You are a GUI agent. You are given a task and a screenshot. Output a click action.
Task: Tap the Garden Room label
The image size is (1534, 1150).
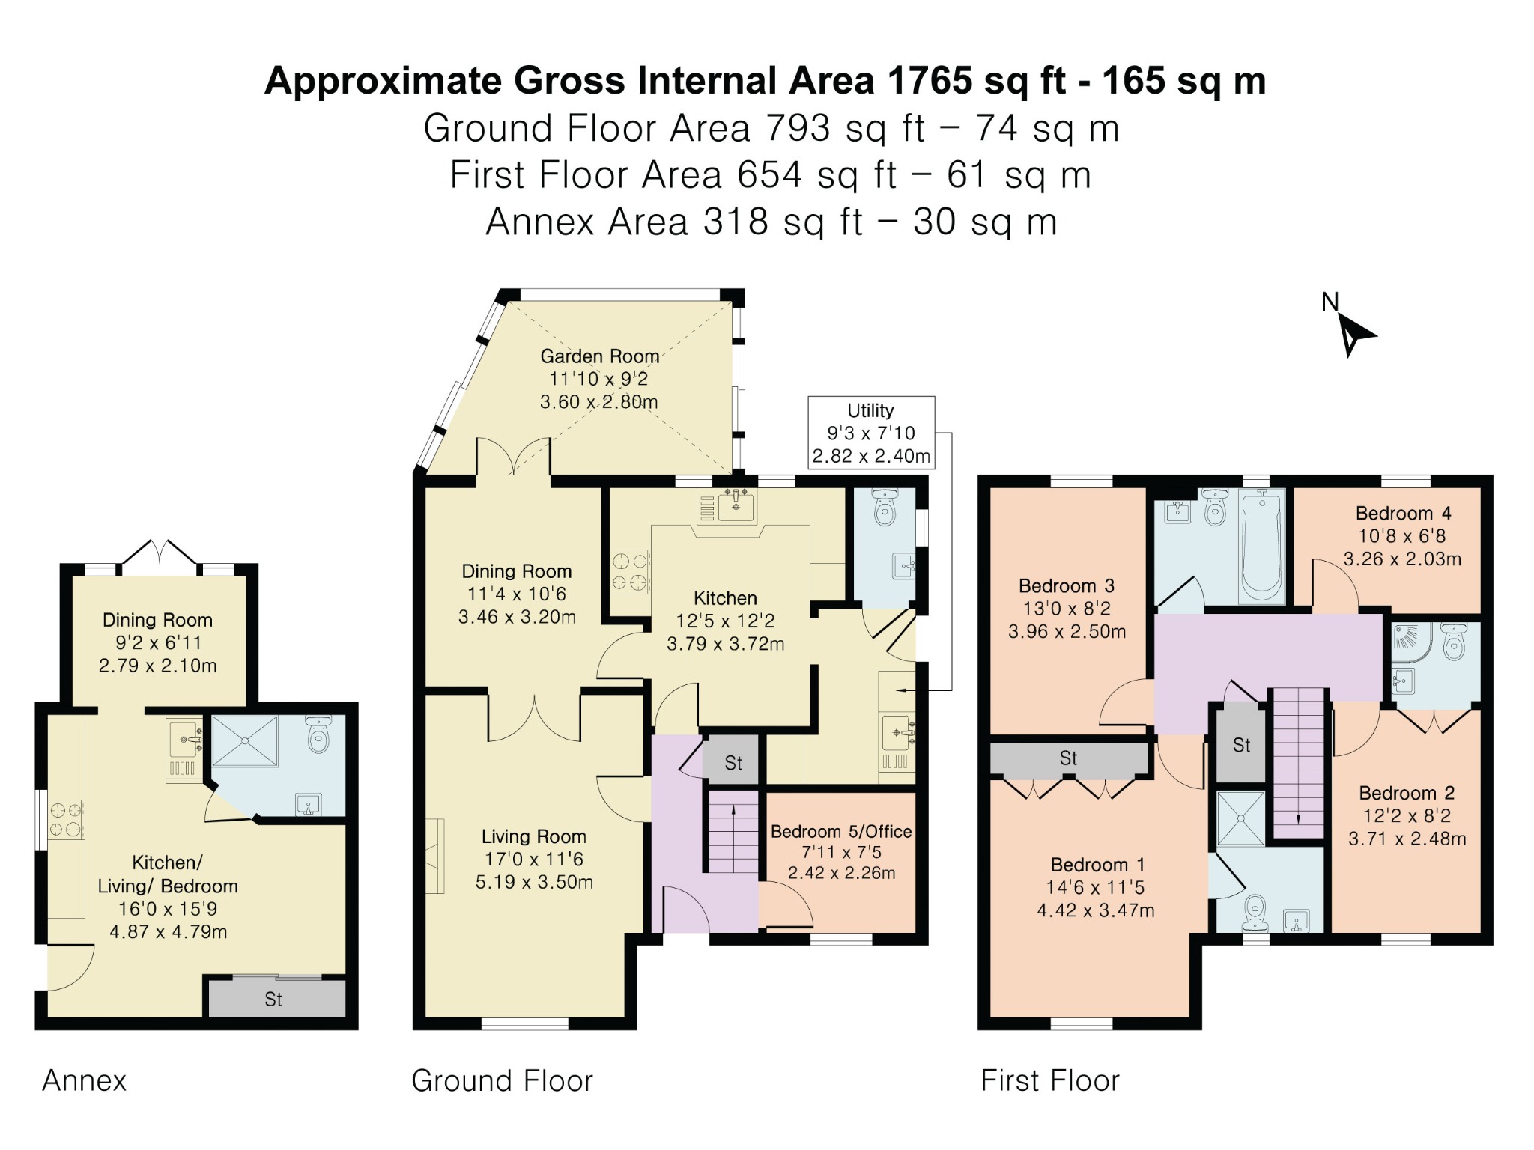point(600,356)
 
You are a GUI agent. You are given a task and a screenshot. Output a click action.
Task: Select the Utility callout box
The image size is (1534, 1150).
point(871,433)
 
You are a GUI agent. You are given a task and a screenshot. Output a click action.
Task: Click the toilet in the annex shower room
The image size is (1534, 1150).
point(318,735)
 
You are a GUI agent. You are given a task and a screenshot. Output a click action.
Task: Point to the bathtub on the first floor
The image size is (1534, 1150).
point(1262,545)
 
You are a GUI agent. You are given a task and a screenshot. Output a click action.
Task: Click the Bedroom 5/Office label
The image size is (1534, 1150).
point(841,831)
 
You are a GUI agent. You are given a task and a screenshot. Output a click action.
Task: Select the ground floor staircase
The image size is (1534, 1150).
point(733,834)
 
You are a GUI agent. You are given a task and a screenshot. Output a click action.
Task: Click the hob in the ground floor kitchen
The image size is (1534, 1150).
point(630,572)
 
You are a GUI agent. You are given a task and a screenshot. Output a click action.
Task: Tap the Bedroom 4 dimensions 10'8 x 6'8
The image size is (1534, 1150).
point(1402,536)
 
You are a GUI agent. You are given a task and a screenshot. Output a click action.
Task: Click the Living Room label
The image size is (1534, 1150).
point(534,836)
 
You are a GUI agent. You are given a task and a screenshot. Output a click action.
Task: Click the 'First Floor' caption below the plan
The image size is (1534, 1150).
point(1050,1080)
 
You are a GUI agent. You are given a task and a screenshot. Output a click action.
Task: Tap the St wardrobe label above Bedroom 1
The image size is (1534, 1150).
point(1069,758)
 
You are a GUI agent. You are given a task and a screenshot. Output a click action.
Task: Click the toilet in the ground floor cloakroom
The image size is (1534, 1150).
point(885,508)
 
